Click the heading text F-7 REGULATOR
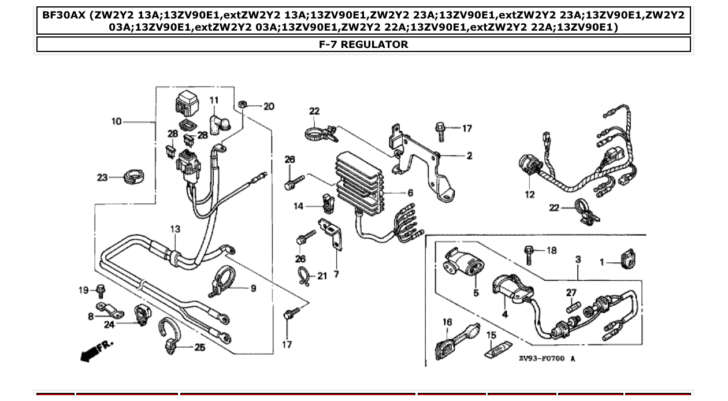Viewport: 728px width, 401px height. pos(363,44)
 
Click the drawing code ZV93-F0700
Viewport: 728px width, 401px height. pos(541,359)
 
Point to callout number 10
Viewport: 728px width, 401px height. pos(117,121)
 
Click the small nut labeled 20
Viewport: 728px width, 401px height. pos(243,104)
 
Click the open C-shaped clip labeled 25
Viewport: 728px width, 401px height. pos(170,337)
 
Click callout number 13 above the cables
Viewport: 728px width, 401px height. pos(175,229)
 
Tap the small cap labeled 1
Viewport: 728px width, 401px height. pos(627,259)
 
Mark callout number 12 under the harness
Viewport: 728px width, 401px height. pos(530,195)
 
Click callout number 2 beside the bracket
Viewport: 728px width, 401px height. pos(469,155)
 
